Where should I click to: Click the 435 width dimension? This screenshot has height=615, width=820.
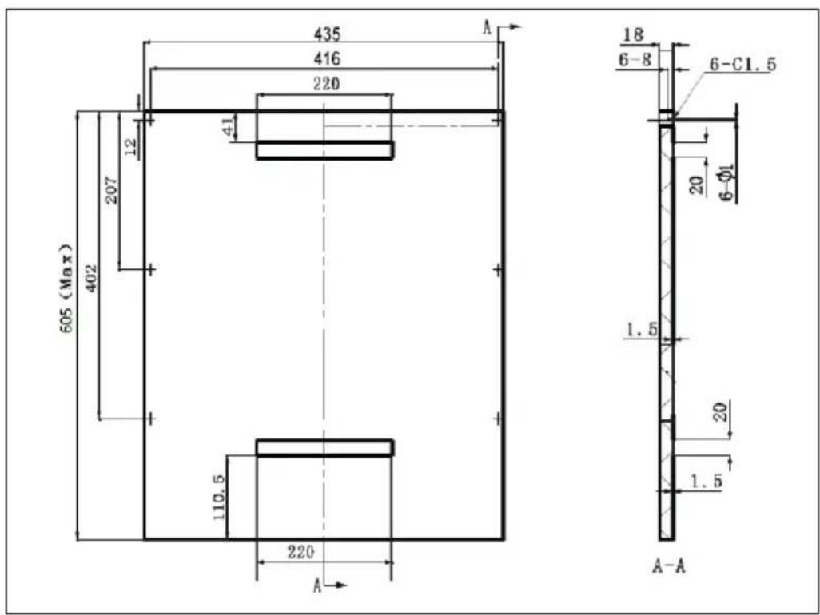click(327, 34)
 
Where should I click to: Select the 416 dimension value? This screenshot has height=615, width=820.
click(327, 58)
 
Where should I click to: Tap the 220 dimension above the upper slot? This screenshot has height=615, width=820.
click(326, 84)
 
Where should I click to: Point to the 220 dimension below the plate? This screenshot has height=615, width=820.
click(301, 552)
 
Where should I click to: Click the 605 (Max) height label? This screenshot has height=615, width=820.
click(66, 288)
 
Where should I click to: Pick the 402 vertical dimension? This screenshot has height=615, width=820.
click(91, 279)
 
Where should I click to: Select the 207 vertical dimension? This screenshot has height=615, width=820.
click(112, 190)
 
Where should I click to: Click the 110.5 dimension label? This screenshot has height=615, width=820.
click(220, 497)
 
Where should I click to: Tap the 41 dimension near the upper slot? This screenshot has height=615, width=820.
click(229, 126)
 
